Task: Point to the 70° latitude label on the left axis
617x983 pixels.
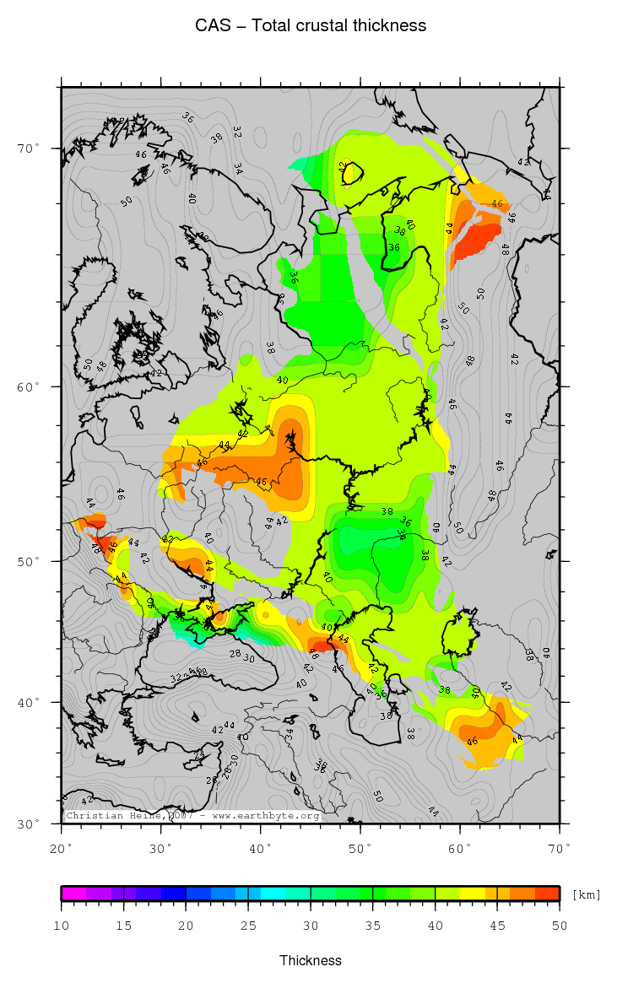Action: tap(29, 149)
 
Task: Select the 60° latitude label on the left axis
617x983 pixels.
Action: tap(29, 387)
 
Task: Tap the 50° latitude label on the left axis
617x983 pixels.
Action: tap(29, 561)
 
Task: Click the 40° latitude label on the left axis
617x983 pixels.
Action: tap(29, 702)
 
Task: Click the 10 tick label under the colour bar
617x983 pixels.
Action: tap(62, 926)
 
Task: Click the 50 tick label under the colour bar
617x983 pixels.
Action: tap(559, 926)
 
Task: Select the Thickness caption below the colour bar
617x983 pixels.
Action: tap(311, 960)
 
